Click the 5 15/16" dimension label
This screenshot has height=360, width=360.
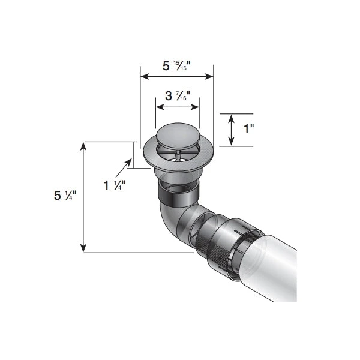coord(177,65)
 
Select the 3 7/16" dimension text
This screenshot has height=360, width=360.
coord(177,95)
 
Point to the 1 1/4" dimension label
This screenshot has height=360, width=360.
coord(114,185)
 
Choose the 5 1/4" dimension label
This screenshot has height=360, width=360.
coord(65,196)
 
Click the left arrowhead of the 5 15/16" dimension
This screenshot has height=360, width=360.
coord(143,76)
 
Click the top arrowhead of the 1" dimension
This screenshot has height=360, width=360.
coord(232,116)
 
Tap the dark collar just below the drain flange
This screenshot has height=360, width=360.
coord(177,193)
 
